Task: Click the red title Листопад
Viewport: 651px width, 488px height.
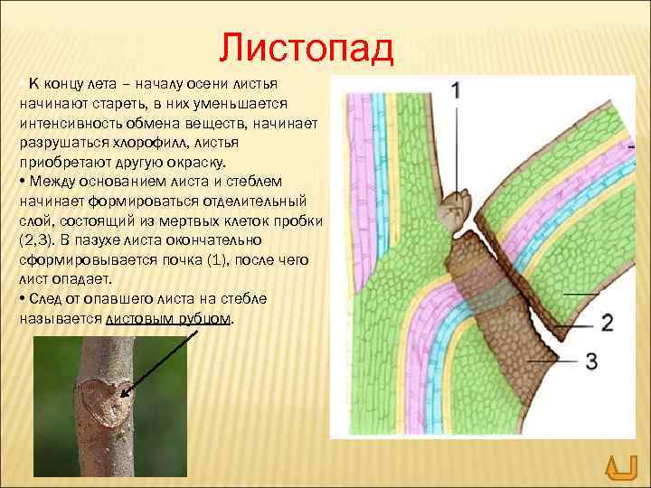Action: click(x=307, y=47)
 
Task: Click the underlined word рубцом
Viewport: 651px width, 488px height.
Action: click(x=205, y=321)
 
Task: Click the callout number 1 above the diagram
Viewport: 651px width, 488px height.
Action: click(x=456, y=89)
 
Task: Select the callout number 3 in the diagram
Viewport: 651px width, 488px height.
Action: click(x=590, y=362)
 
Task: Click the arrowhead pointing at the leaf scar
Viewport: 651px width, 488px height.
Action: click(x=124, y=393)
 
